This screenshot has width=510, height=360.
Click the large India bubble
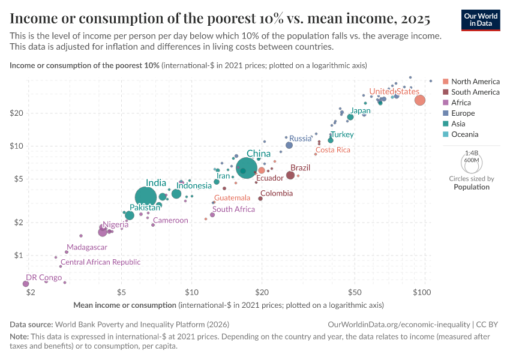(146, 197)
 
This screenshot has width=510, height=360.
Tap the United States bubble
(420, 100)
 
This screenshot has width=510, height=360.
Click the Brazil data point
(290, 175)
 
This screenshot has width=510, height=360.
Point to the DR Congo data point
(26, 284)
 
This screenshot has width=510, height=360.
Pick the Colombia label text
(277, 193)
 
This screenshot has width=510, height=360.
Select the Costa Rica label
(333, 150)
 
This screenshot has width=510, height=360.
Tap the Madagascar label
(87, 247)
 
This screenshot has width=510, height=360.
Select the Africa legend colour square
(445, 103)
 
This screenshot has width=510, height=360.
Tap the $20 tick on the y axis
(16, 113)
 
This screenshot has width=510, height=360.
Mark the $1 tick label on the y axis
(18, 256)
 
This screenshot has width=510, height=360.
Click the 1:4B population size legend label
(471, 154)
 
